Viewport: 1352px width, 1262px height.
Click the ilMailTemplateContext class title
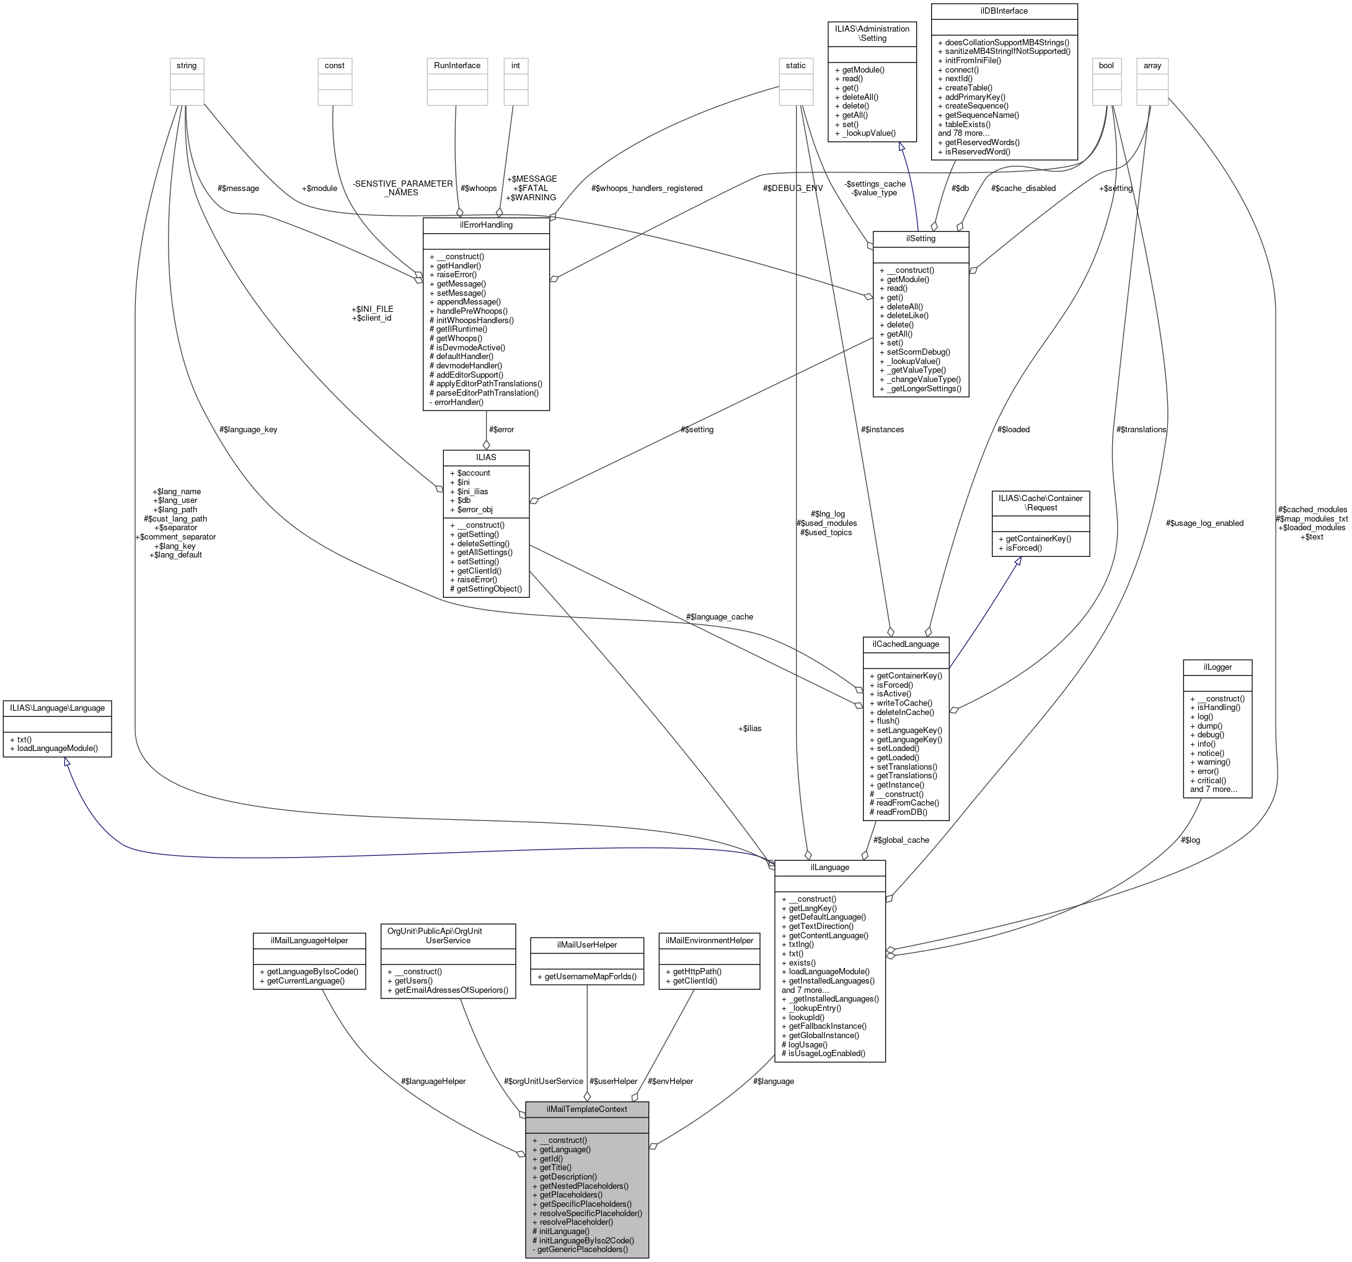click(586, 1109)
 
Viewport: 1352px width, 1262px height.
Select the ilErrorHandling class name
click(485, 224)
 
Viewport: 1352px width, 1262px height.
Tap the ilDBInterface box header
click(1004, 11)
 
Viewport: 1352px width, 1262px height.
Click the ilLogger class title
click(1217, 667)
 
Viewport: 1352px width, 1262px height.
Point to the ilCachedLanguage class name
click(905, 644)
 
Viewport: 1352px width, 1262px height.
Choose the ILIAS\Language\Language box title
click(57, 708)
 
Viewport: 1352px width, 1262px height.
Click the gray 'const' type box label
click(335, 65)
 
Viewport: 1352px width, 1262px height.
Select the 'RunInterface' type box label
click(457, 65)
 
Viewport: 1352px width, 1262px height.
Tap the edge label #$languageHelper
click(433, 1081)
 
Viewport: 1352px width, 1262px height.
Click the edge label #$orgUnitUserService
click(544, 1081)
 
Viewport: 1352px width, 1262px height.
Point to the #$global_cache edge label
click(901, 840)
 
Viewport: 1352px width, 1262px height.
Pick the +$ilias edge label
click(749, 728)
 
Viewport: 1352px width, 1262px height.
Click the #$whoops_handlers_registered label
click(647, 189)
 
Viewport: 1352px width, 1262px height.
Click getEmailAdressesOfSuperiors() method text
click(451, 990)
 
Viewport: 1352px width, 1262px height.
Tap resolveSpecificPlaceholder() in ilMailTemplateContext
click(590, 1213)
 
